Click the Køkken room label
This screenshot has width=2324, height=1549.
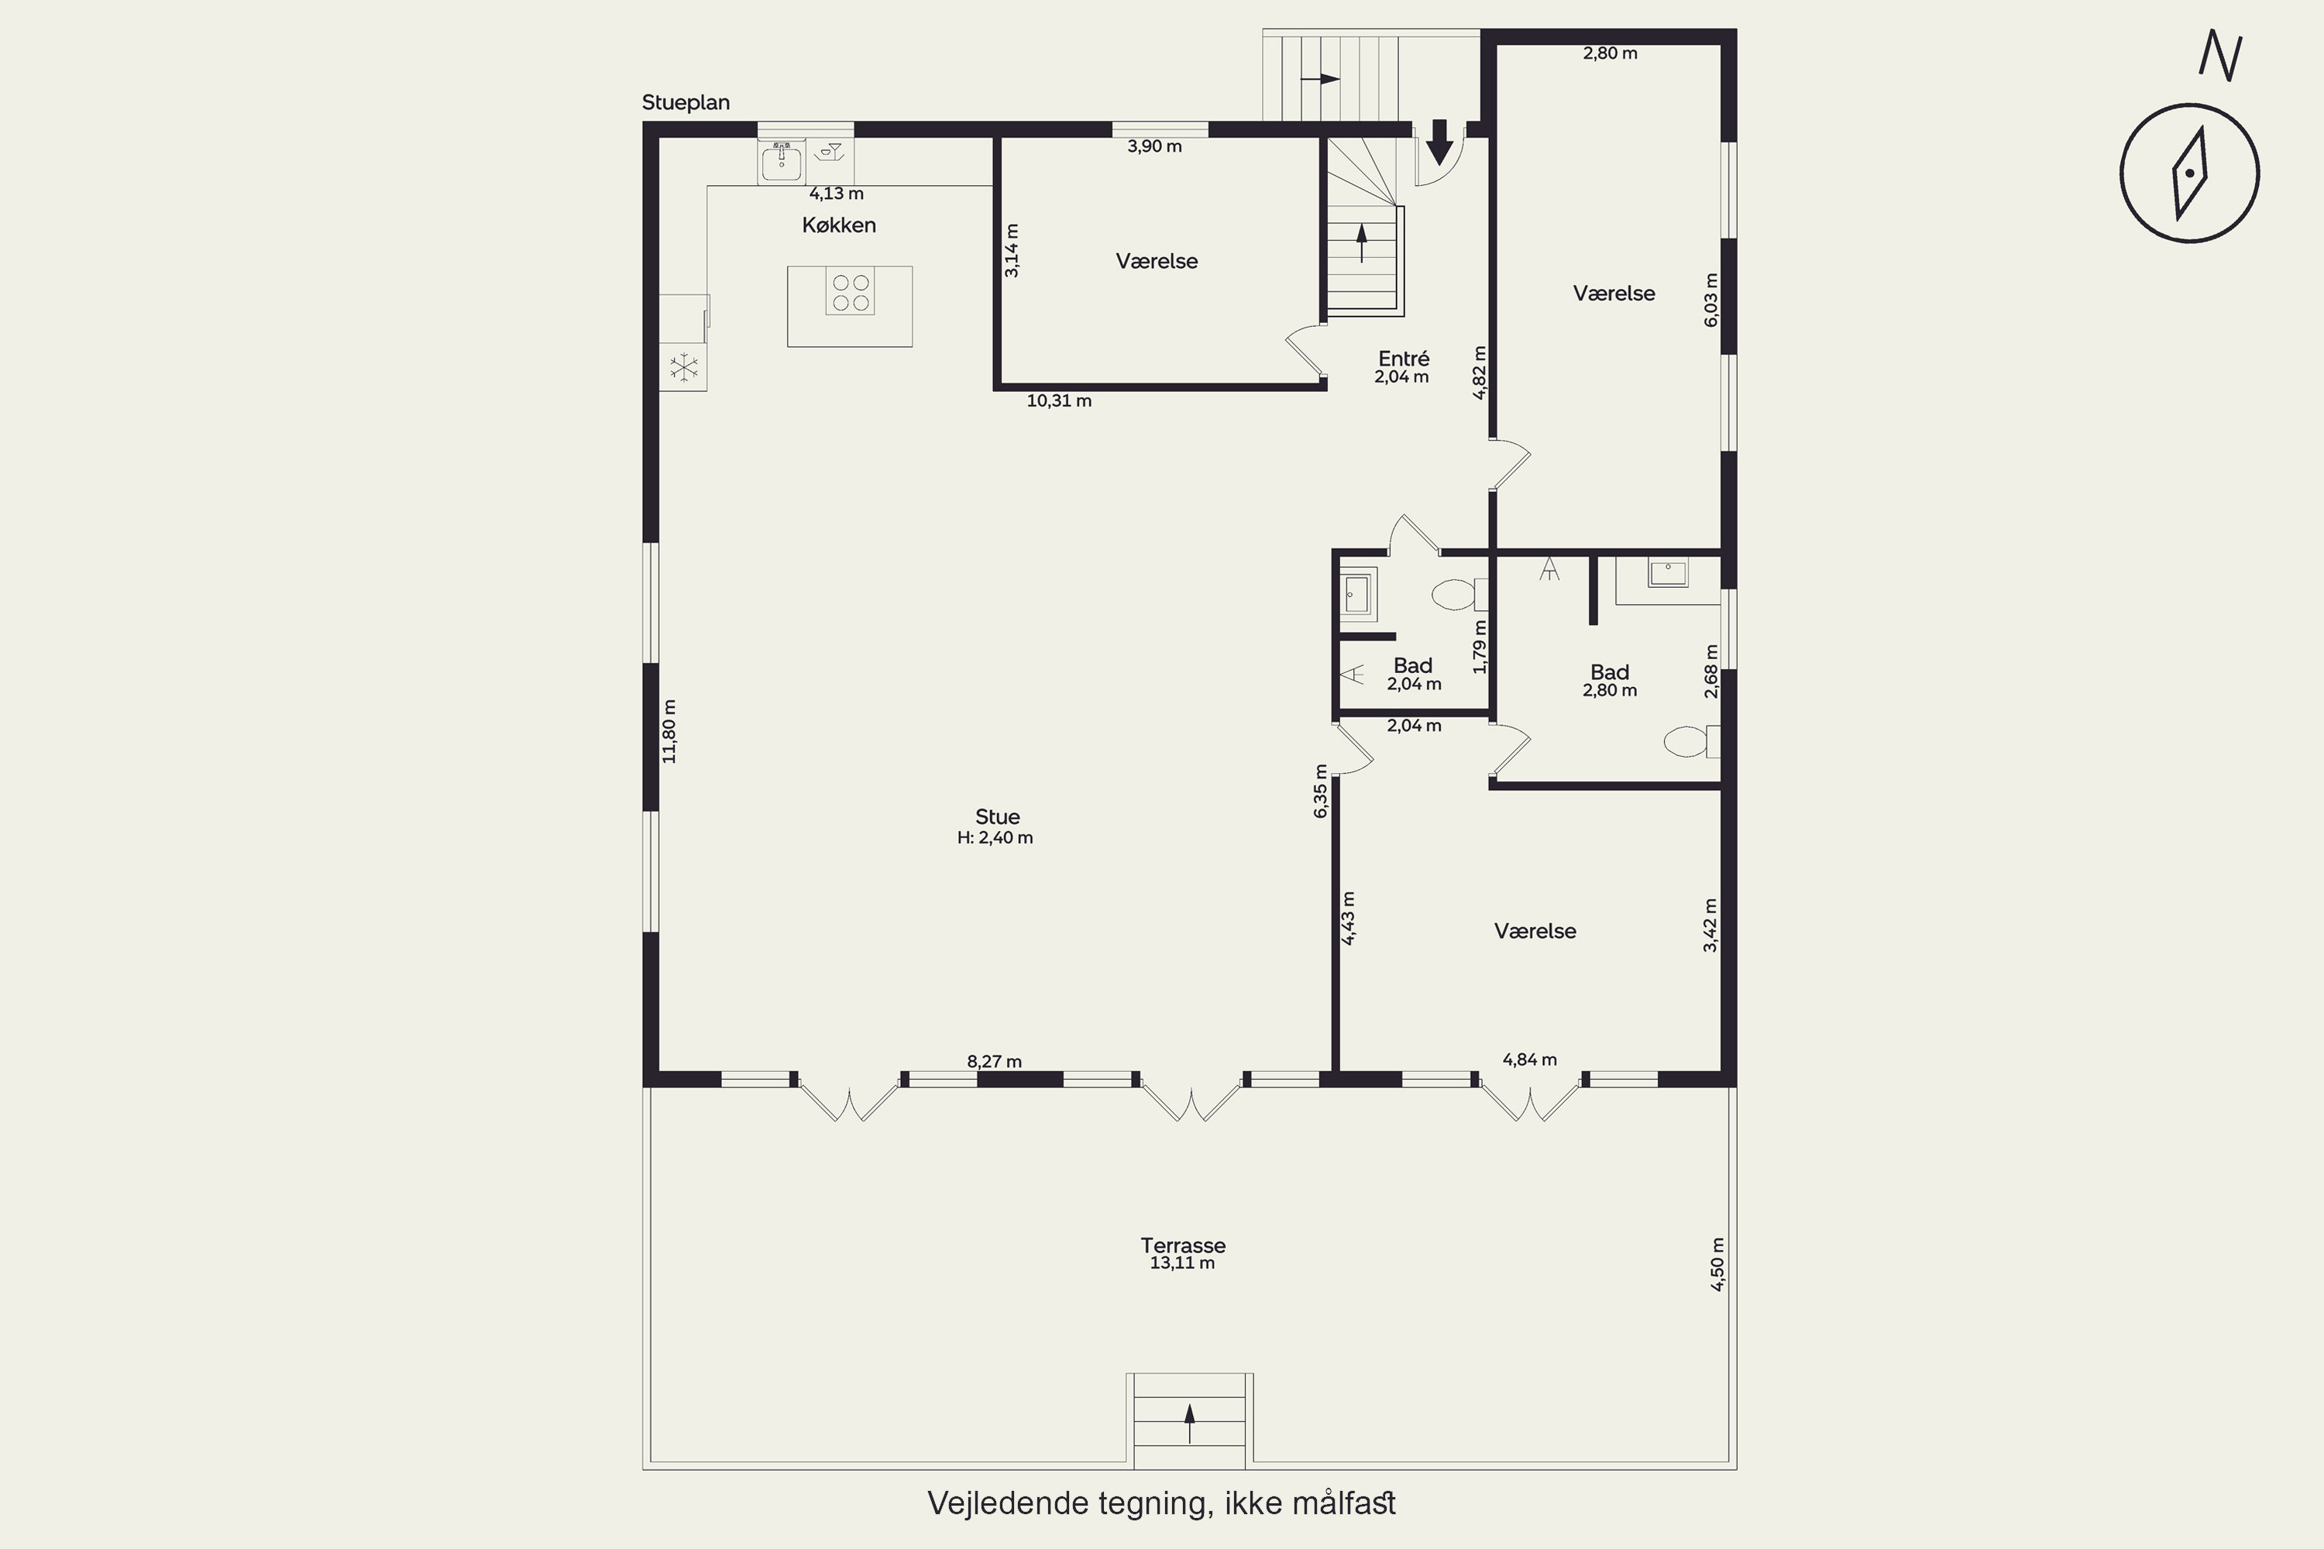pyautogui.click(x=839, y=225)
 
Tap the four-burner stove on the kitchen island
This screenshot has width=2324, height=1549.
pyautogui.click(x=850, y=293)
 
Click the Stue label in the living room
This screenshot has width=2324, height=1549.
pyautogui.click(x=997, y=817)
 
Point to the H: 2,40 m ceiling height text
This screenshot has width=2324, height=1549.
pyautogui.click(x=995, y=838)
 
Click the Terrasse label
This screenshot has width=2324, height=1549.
pyautogui.click(x=1183, y=1245)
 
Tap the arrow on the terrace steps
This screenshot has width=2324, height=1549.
pyautogui.click(x=1190, y=1424)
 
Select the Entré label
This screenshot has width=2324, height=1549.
pyautogui.click(x=1404, y=359)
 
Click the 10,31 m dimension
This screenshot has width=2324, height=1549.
pyautogui.click(x=1059, y=401)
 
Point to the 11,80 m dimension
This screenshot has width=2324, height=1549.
pyautogui.click(x=670, y=731)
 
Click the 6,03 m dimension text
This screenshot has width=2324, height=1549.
pyautogui.click(x=1711, y=299)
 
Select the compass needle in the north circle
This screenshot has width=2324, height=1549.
pyautogui.click(x=2190, y=173)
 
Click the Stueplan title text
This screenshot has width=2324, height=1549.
pyautogui.click(x=686, y=103)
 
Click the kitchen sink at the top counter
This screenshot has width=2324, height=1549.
pyautogui.click(x=782, y=161)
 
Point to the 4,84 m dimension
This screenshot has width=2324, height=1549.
pyautogui.click(x=1529, y=1060)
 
